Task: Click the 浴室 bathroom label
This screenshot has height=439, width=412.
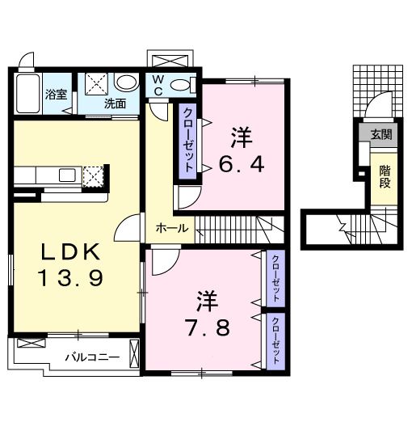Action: tap(55, 93)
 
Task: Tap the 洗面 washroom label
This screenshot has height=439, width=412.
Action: tap(114, 103)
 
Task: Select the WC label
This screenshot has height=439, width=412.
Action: tap(158, 85)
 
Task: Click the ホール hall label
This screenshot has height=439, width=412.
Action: tap(173, 229)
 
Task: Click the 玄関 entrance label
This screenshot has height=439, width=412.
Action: tap(380, 135)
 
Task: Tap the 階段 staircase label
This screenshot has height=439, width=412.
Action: tap(385, 177)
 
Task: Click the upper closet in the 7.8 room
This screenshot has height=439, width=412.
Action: tap(275, 277)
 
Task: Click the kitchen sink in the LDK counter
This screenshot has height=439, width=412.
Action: tap(66, 175)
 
